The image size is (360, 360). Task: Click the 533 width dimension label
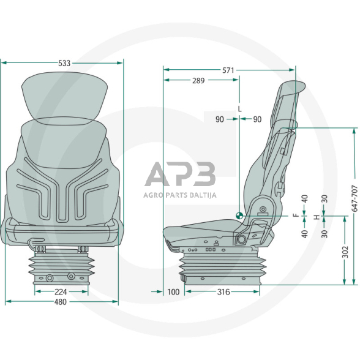coord(64,63)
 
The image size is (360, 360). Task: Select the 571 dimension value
coord(228,70)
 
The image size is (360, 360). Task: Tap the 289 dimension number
coord(198,81)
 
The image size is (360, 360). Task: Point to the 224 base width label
coord(61,292)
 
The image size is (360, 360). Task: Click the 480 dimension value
coord(61,302)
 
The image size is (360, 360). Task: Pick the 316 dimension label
coord(223,292)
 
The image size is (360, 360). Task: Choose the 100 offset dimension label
coord(173,292)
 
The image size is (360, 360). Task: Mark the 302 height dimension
coord(345,252)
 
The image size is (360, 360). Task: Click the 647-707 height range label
coord(354,198)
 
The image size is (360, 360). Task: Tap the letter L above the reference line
coord(240,109)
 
